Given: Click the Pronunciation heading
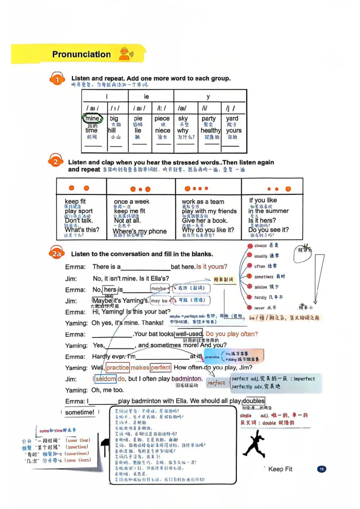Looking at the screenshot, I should click(x=81, y=54).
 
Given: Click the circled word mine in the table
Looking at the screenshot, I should click(x=92, y=119).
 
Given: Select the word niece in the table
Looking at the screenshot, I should click(x=162, y=130).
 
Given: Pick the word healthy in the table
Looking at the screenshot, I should click(x=211, y=130).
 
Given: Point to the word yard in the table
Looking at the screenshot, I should click(x=232, y=119).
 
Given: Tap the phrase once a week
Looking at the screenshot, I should click(x=131, y=201).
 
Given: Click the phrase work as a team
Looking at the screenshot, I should click(x=202, y=201).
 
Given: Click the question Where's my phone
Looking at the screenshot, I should click(x=139, y=232).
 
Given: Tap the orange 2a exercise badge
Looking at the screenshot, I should click(x=56, y=254).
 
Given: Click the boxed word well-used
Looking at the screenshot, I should click(x=189, y=334).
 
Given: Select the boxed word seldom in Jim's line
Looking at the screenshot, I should click(x=105, y=379).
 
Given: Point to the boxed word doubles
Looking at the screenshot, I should click(x=253, y=401).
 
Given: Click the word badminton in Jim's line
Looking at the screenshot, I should click(x=187, y=379).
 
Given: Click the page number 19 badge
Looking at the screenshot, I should click(x=321, y=469).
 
